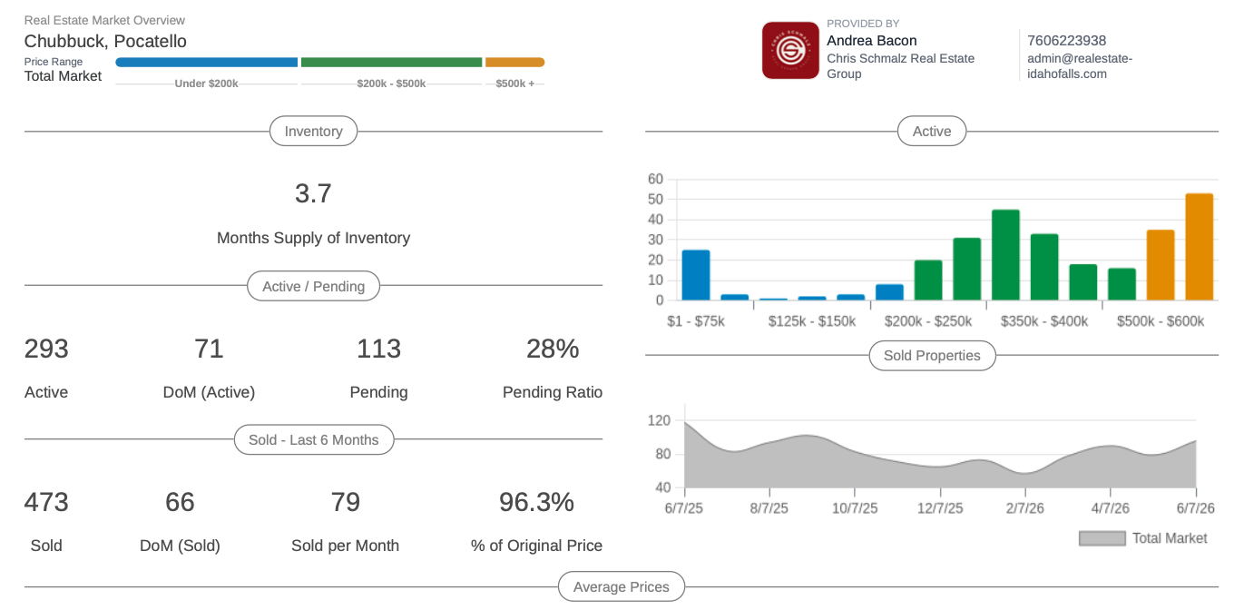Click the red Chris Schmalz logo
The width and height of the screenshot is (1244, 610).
[790, 51]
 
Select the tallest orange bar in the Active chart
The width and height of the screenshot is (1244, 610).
[1199, 247]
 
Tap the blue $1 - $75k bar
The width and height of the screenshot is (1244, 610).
[696, 275]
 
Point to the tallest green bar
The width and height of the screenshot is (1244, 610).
[1005, 255]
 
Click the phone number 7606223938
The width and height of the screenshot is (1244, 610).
[1066, 41]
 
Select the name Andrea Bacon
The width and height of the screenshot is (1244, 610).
[871, 41]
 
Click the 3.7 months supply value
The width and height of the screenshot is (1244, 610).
[313, 194]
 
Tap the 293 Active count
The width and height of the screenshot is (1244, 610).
[46, 349]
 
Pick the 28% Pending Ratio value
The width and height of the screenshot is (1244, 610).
[553, 349]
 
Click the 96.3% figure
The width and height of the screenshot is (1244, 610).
[536, 502]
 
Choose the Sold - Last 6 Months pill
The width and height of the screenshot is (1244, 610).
[314, 440]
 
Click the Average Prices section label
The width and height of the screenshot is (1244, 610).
[621, 586]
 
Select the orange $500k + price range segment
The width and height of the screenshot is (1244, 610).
[514, 63]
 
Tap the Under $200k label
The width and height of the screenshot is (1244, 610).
[207, 84]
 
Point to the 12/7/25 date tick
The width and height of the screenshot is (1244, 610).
[940, 508]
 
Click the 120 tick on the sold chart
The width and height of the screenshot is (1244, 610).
[659, 420]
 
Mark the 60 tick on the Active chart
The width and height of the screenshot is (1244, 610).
[655, 179]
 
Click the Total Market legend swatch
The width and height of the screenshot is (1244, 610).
[1102, 538]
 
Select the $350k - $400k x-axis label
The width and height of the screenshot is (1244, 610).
[1044, 321]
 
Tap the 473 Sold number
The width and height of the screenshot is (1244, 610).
[46, 502]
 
